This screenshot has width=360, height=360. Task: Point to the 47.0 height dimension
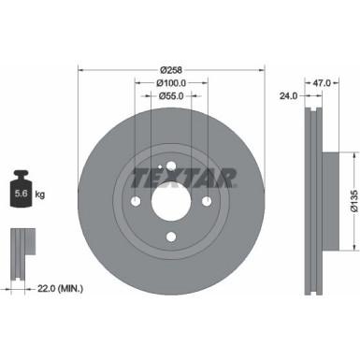[x=323, y=82]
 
